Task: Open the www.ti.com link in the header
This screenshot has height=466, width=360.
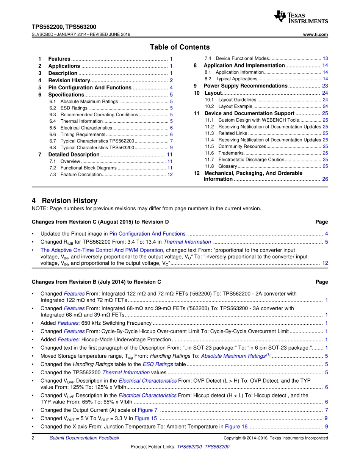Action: point(316,34)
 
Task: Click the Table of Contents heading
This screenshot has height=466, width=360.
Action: point(180,47)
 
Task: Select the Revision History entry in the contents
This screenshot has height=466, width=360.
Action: point(69,80)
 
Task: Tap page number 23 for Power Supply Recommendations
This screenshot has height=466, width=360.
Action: point(325,86)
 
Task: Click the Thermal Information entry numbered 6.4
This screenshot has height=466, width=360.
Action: point(81,121)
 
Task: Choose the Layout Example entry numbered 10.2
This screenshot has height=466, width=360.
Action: point(235,106)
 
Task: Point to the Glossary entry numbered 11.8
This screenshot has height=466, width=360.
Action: point(228,166)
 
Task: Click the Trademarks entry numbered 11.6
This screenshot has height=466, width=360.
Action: point(231,153)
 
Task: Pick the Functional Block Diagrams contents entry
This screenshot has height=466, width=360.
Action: point(89,168)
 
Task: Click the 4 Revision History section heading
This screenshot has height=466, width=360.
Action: point(64,201)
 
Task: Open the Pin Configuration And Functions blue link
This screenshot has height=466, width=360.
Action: point(147,234)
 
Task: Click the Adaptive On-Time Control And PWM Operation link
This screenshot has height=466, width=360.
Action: point(102,250)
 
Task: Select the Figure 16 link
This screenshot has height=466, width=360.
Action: point(236,427)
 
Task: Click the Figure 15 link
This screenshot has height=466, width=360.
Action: point(146,418)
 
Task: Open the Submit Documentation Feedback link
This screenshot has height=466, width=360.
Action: point(85,438)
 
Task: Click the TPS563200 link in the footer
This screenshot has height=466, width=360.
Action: point(217,447)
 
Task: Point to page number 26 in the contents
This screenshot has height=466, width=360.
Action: point(325,179)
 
